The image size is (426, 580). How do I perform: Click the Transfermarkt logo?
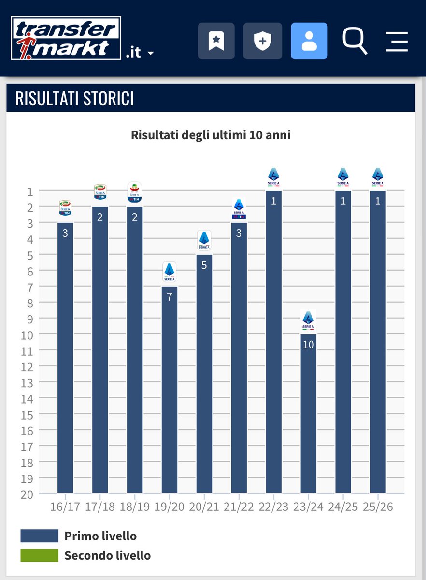66,38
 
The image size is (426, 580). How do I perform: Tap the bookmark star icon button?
216,41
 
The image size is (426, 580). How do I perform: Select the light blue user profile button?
309,41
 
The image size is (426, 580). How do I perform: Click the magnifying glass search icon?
355,41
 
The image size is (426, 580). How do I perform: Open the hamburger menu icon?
397,41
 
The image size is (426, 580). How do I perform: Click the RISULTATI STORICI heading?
74,98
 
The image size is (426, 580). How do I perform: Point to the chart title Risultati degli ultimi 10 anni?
211,135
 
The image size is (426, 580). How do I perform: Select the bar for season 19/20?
170,389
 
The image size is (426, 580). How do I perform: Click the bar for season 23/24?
308,413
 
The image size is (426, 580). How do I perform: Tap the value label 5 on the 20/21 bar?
204,265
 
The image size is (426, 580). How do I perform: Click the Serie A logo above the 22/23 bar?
273,177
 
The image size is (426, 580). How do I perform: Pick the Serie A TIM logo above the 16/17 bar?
65,208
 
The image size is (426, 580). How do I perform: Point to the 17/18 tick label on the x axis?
99,507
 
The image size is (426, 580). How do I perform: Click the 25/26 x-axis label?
378,507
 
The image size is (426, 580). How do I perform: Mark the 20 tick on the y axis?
27,494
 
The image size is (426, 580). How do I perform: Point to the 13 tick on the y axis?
27,382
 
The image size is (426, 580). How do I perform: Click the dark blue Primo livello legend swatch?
39,536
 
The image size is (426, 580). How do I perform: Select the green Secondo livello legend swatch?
39,555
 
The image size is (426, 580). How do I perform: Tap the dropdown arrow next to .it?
150,53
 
